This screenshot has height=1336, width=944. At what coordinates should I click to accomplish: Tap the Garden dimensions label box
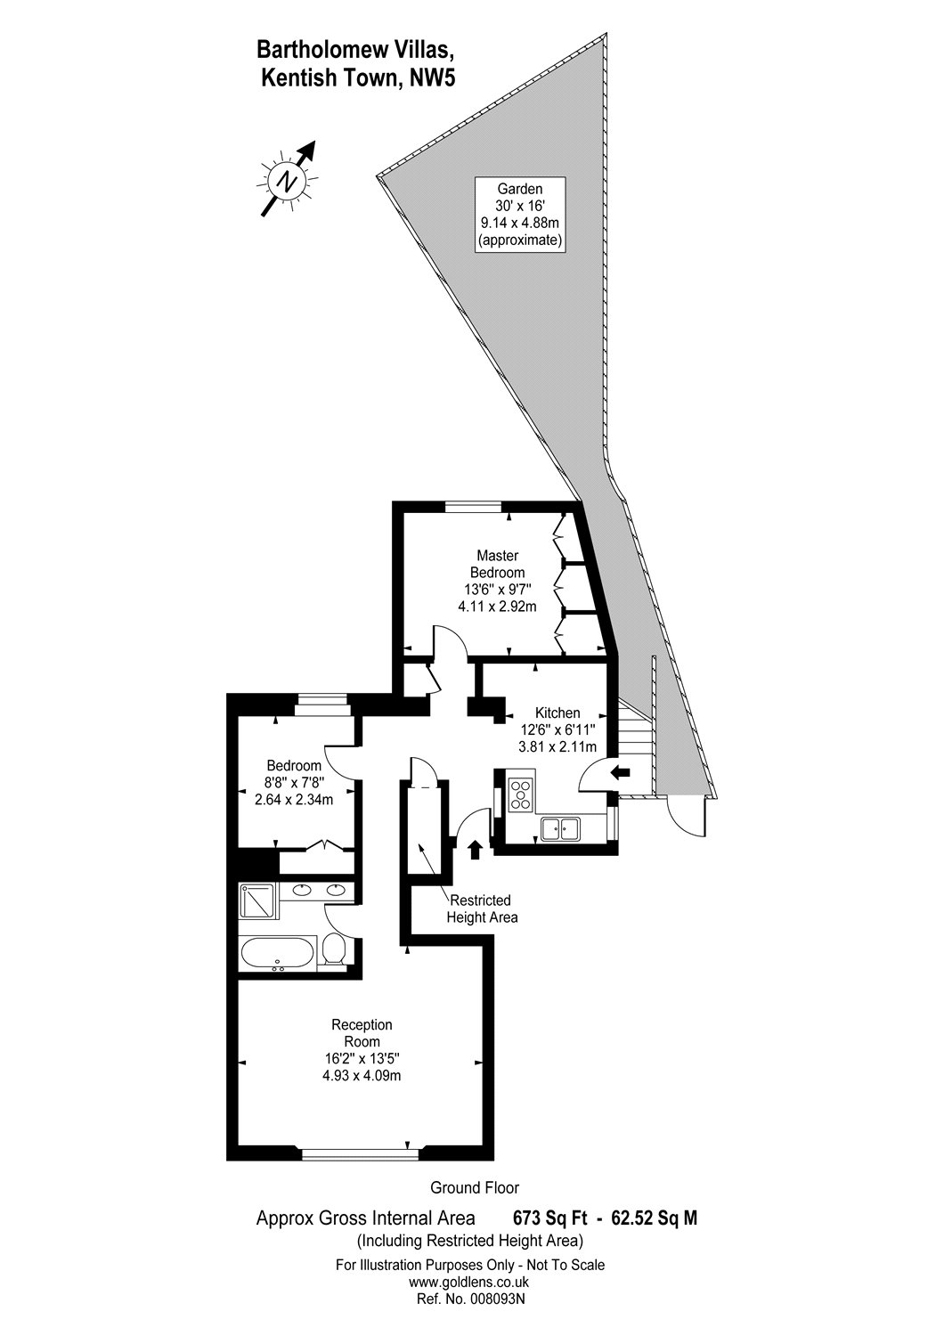coord(520,214)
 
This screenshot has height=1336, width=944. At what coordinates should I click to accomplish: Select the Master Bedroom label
coord(497,581)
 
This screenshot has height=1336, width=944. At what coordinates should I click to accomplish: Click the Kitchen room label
coord(557,729)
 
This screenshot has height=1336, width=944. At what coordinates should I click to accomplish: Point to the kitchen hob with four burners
coord(519,793)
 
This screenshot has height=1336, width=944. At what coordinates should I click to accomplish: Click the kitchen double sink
coord(560,828)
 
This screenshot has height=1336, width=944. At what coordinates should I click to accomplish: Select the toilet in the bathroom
coord(334,949)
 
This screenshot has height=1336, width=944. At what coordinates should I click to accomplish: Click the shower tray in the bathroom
coord(258,900)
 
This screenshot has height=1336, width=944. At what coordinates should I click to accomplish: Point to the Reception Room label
coord(362,1050)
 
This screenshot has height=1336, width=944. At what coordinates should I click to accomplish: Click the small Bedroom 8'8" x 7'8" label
coord(294,782)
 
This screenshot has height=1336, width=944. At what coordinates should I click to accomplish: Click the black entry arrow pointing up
coord(475,849)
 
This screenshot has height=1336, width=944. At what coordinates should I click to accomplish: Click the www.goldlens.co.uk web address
coord(469,1282)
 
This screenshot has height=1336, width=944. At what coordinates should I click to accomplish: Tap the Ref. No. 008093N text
coord(469,1299)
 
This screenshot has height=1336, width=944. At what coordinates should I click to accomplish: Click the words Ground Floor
coord(474,1187)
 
